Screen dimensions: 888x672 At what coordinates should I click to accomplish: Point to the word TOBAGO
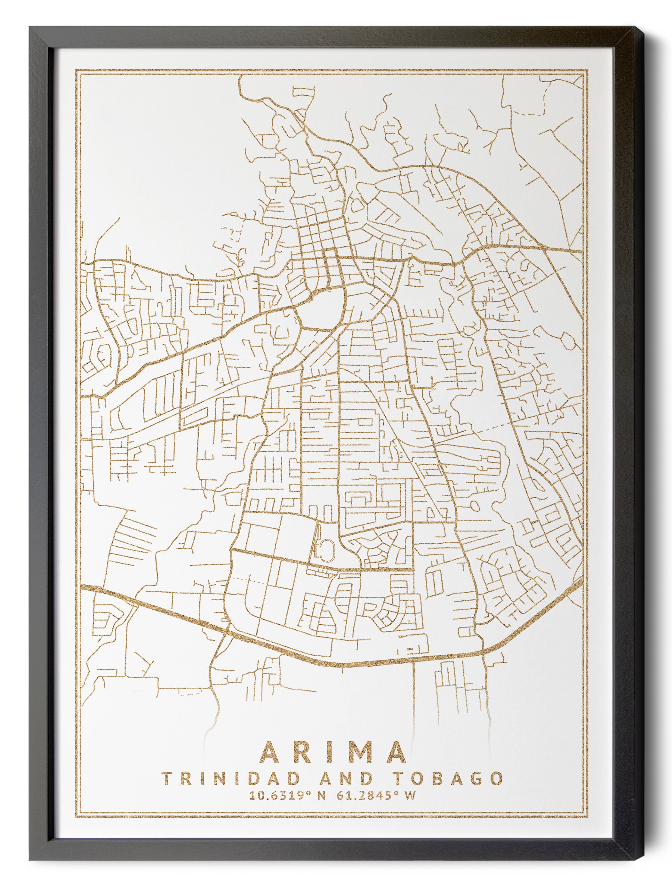tap(446, 778)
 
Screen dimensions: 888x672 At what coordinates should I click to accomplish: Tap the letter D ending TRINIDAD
tap(295, 778)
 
